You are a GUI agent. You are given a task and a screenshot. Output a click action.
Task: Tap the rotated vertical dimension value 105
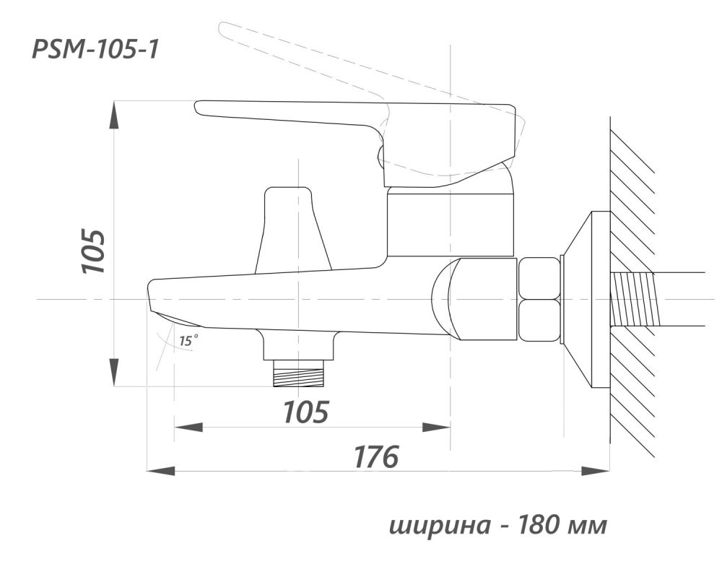pos(94,251)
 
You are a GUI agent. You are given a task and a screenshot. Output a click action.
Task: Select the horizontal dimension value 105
pos(305,412)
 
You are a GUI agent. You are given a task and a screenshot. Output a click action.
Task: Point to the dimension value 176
pos(375,456)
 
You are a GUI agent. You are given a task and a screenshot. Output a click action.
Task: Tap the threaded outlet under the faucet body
pos(298,375)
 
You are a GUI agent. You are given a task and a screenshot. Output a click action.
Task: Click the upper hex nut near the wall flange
pos(539,278)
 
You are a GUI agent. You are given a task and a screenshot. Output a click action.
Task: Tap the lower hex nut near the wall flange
pos(539,321)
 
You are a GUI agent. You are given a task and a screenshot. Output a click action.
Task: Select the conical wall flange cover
pos(585,299)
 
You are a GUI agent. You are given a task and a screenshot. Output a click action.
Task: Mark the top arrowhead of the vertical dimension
pos(114,116)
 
